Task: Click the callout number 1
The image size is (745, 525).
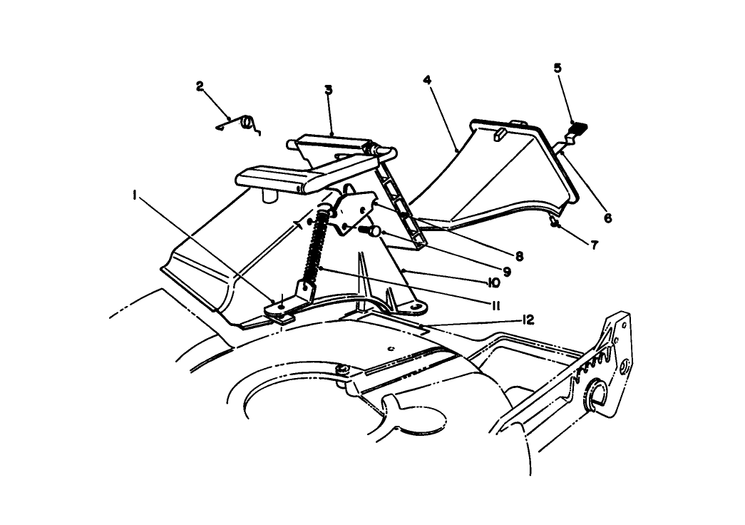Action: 135,195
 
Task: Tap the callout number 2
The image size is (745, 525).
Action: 200,86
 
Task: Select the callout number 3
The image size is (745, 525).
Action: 329,90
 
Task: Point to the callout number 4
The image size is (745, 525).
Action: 427,79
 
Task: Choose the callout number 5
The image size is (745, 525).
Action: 558,68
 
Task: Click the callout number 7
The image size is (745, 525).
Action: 595,245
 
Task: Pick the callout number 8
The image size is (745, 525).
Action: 519,256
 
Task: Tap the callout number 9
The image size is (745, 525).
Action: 506,272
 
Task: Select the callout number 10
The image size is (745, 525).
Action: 493,283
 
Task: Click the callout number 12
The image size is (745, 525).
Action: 528,320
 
